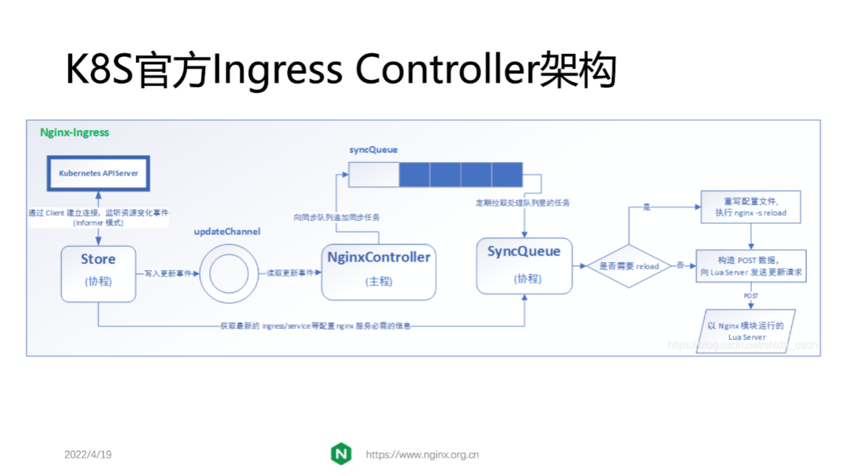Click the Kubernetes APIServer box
pyautogui.click(x=99, y=172)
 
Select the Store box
pyautogui.click(x=99, y=272)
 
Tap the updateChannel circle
pyautogui.click(x=228, y=274)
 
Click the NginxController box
pyautogui.click(x=379, y=271)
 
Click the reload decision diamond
pyautogui.click(x=629, y=266)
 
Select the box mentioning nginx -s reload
pyautogui.click(x=751, y=207)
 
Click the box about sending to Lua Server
pyautogui.click(x=751, y=266)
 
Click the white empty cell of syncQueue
pyautogui.click(x=373, y=175)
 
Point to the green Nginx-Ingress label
pyautogui.click(x=74, y=132)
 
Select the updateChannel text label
pyautogui.click(x=227, y=232)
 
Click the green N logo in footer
pyautogui.click(x=341, y=454)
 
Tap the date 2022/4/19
pyautogui.click(x=88, y=455)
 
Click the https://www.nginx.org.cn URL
pyautogui.click(x=422, y=455)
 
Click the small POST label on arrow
pyautogui.click(x=750, y=297)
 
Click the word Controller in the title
pyautogui.click(x=443, y=70)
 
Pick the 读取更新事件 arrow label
pyautogui.click(x=290, y=274)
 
